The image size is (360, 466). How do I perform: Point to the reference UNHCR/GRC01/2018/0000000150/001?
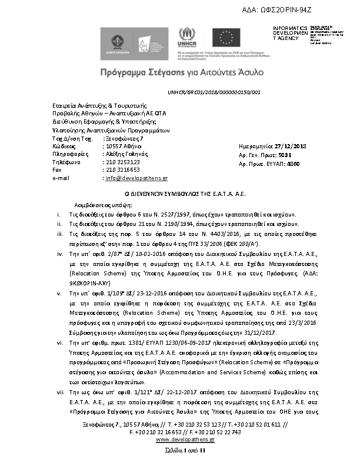(214, 92)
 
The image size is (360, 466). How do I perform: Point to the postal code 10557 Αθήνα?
(123, 145)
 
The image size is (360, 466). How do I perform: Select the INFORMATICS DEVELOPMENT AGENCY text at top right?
(291, 34)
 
